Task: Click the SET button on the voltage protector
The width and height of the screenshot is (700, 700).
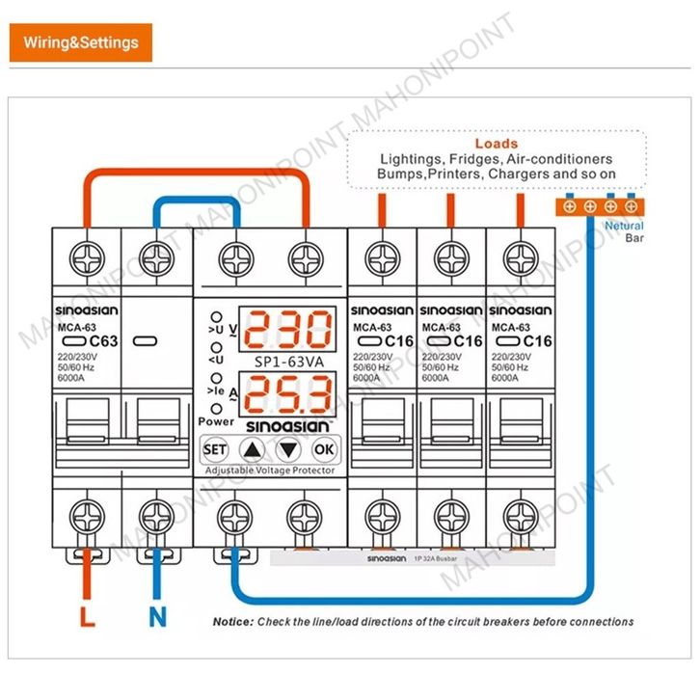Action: (x=215, y=449)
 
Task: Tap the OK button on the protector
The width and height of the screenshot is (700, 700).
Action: (x=324, y=449)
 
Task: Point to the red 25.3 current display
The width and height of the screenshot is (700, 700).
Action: (x=288, y=396)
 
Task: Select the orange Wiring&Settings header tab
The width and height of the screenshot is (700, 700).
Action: (x=82, y=42)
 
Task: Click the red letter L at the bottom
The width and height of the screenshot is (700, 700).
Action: (x=87, y=616)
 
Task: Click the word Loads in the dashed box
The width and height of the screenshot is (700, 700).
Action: (x=496, y=144)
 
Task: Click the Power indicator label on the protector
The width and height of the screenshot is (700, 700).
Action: (x=216, y=421)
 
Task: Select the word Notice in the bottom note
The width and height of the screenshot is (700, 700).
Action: (x=232, y=622)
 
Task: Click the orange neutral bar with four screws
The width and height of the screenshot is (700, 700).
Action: (x=600, y=205)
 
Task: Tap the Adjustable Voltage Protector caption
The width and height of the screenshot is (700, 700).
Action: (x=270, y=470)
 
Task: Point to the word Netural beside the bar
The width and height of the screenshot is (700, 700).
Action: (x=624, y=226)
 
